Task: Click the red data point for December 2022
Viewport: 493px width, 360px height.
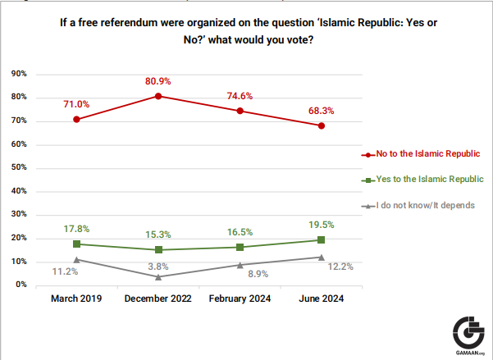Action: (158, 96)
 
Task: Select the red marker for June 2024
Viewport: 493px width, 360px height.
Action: (322, 125)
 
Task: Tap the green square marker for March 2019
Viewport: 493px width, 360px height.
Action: (76, 244)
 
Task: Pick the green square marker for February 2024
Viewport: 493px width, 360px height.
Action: (240, 247)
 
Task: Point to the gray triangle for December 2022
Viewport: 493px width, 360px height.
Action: (158, 276)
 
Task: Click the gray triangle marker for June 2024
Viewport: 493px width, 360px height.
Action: (322, 257)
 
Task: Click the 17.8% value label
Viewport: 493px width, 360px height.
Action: (76, 229)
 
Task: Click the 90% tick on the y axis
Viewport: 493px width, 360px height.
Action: (19, 74)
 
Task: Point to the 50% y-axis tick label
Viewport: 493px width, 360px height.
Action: (19, 168)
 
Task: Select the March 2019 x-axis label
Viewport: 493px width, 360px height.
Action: (76, 298)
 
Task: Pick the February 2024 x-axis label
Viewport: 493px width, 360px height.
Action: (240, 298)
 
